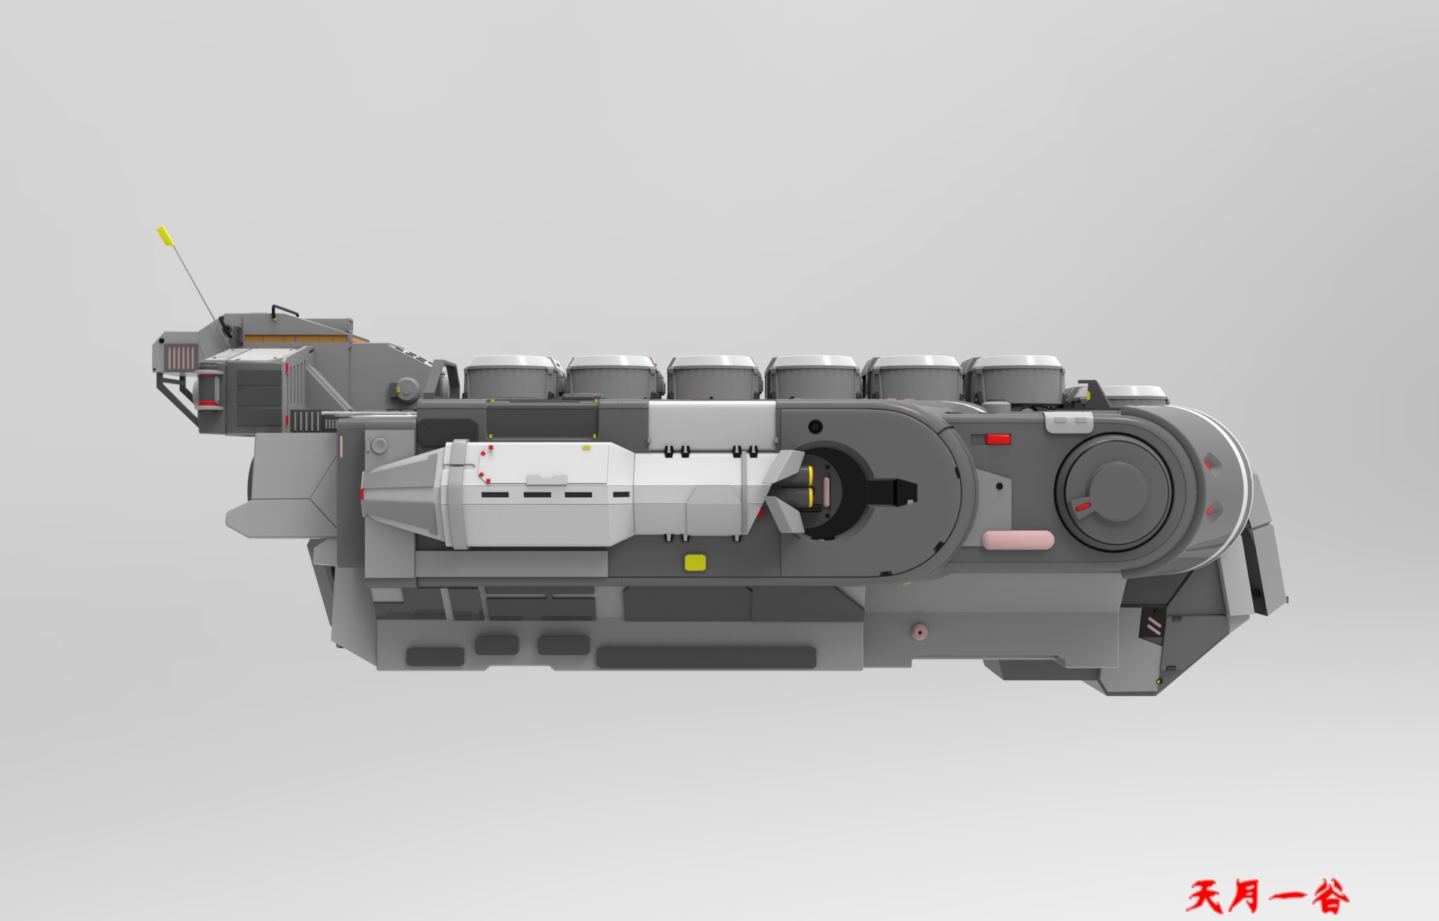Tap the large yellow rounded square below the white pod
(x=696, y=562)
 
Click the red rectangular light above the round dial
(x=998, y=439)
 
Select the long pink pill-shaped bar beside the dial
(x=1018, y=540)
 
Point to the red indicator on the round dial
(x=1081, y=508)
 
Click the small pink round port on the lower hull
(x=917, y=632)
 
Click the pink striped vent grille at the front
(x=181, y=358)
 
